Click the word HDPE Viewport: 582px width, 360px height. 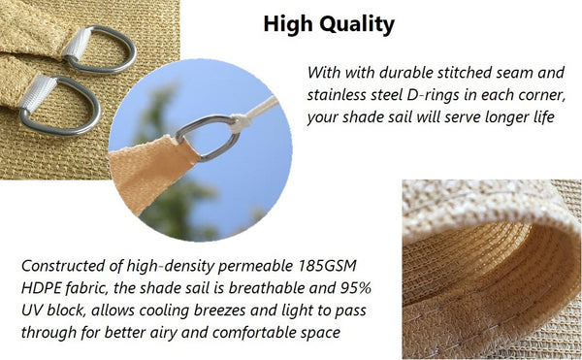point(43,288)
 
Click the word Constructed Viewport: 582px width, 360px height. point(64,265)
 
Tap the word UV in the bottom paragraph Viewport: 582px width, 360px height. point(35,311)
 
